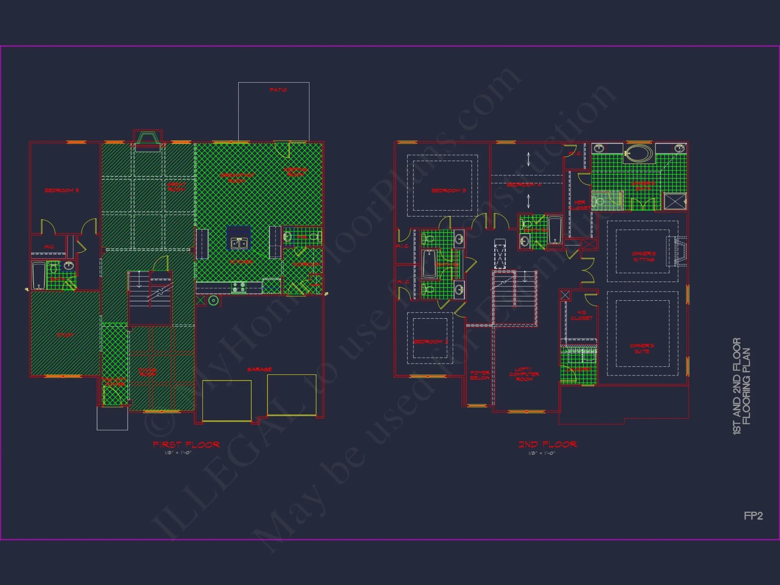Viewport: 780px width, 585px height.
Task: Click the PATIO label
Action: (x=278, y=90)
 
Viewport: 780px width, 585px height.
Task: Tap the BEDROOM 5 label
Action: (x=62, y=190)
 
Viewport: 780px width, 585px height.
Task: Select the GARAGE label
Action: (x=259, y=369)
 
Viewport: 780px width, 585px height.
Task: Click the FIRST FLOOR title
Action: (x=186, y=445)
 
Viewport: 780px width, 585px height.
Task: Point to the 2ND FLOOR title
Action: (x=547, y=444)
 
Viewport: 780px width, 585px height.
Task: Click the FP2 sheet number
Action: (x=753, y=516)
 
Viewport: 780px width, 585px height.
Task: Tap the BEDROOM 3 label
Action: (x=448, y=190)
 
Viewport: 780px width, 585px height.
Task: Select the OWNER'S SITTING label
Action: (x=643, y=257)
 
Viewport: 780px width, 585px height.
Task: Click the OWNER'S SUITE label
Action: (x=642, y=348)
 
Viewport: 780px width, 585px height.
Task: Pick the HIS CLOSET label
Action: (x=581, y=315)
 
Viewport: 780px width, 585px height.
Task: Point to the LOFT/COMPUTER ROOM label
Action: (x=524, y=374)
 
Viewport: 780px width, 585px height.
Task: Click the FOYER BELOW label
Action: (x=480, y=375)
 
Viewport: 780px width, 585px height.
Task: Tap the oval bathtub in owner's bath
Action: (x=639, y=153)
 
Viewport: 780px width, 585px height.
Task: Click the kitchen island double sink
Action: (x=239, y=243)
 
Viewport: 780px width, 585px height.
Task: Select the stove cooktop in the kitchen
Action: (x=238, y=287)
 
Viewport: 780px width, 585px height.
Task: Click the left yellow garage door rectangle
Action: (x=227, y=401)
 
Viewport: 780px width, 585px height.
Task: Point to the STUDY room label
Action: (x=66, y=335)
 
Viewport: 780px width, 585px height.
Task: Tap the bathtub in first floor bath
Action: (x=39, y=276)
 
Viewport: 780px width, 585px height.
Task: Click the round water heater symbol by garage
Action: (x=213, y=300)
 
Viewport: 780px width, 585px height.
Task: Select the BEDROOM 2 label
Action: (x=431, y=342)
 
